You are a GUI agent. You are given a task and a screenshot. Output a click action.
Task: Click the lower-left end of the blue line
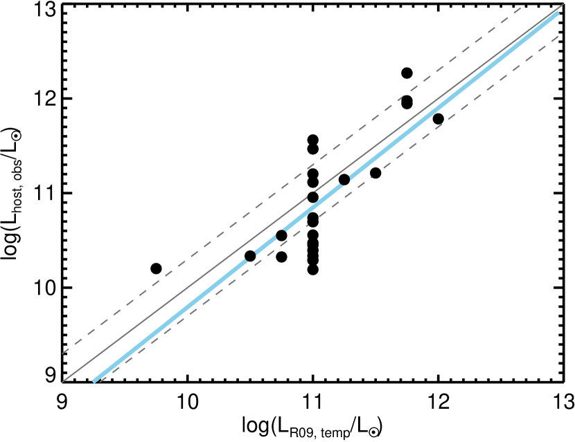pos(94,380)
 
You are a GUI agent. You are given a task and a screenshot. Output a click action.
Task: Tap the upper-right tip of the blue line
pos(557,13)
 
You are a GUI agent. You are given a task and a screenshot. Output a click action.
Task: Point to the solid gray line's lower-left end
pos(63,381)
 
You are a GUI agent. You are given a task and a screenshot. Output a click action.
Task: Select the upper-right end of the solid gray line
pos(563,6)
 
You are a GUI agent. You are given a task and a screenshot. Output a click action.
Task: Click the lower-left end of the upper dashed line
pos(63,353)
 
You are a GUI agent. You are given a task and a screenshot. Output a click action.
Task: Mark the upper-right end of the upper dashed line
pos(521,8)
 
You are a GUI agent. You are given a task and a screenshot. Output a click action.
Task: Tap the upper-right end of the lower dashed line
pos(558,36)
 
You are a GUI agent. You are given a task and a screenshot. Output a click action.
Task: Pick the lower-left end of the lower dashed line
pos(100,381)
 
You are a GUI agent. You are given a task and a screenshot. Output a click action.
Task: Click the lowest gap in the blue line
pos(251,256)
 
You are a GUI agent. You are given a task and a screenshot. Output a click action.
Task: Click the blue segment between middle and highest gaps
pos(313,207)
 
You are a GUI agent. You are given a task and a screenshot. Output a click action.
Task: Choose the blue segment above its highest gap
pos(450,98)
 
